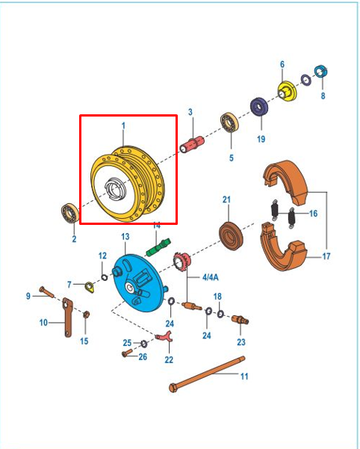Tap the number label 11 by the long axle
[244, 376]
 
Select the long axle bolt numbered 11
[209, 377]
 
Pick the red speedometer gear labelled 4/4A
[181, 262]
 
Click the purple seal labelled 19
[260, 108]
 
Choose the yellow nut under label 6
[286, 92]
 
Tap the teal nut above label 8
[321, 72]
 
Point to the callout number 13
[125, 236]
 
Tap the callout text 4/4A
[210, 277]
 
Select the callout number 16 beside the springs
[313, 214]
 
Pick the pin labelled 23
[240, 320]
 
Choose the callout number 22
[169, 359]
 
